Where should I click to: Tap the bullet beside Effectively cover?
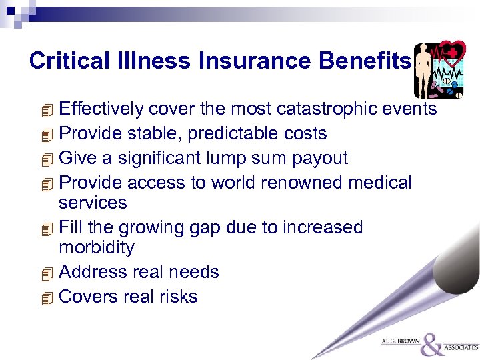pyautogui.click(x=45, y=109)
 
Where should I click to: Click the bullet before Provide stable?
pyautogui.click(x=45, y=134)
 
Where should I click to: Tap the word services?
pyautogui.click(x=93, y=202)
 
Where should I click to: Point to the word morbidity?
pyautogui.click(x=97, y=247)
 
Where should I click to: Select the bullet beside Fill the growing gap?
pyautogui.click(x=45, y=228)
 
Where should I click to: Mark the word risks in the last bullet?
pyautogui.click(x=179, y=297)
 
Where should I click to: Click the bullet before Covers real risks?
pyautogui.click(x=45, y=297)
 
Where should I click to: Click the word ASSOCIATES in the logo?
pyautogui.click(x=461, y=347)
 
